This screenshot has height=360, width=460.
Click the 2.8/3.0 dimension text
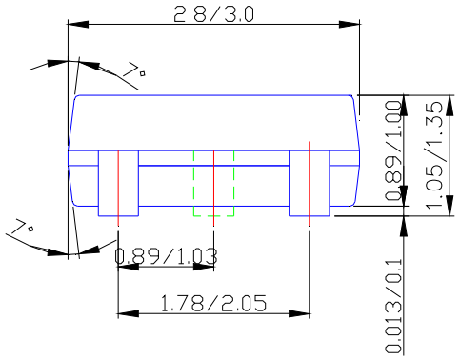point(214,13)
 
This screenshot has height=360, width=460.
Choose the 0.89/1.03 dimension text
point(167,255)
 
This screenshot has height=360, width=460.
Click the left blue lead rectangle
point(118,182)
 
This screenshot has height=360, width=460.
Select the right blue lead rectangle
point(310,182)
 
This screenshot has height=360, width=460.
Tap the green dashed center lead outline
point(213,182)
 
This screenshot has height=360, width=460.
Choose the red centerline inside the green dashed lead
point(213,186)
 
